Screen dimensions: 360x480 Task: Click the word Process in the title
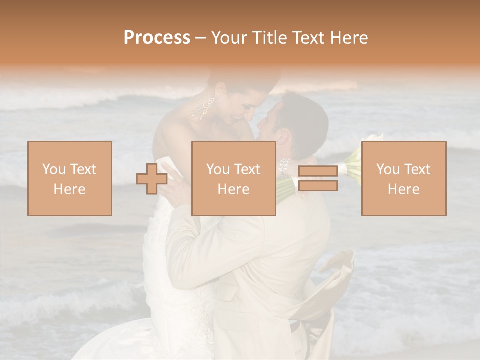point(157,38)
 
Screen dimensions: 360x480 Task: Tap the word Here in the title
point(347,38)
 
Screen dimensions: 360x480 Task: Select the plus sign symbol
point(152,179)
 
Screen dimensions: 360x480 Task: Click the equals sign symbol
point(318,178)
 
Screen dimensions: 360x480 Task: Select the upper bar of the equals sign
point(318,171)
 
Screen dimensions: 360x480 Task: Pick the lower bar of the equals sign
point(318,186)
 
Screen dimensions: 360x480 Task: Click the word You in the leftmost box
point(53,169)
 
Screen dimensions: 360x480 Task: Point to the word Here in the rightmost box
point(404,189)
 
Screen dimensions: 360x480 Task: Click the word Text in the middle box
point(247,169)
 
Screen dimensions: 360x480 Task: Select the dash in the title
point(201,38)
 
